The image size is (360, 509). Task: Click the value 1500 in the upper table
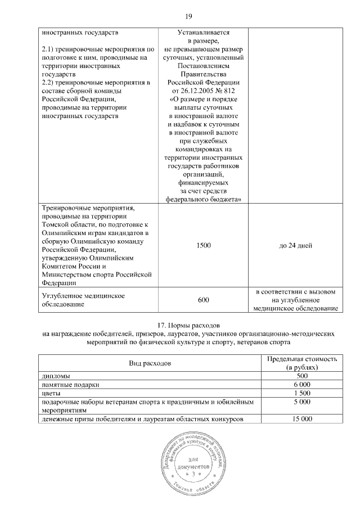[203, 245]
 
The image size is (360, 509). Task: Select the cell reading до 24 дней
[295, 245]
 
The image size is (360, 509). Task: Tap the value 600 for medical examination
[203, 300]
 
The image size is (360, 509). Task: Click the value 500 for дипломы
[302, 375]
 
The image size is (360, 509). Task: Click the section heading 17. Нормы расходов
[181, 326]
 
